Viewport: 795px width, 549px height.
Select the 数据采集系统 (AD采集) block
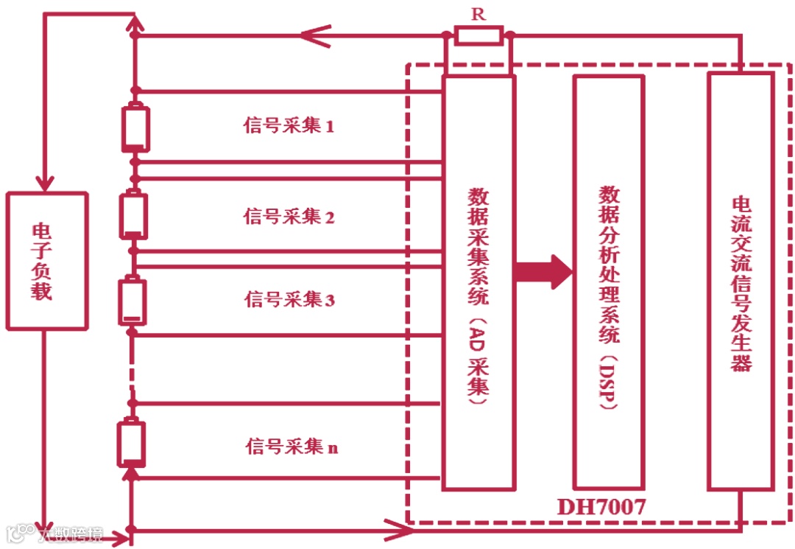point(478,282)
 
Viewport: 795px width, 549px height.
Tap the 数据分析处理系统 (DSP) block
point(609,282)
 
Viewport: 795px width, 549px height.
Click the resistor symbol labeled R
point(478,35)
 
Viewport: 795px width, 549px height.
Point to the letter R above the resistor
point(478,14)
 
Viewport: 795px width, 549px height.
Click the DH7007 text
point(601,508)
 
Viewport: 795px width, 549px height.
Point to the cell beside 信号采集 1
point(135,127)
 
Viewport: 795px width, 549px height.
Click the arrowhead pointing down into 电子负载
point(46,181)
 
